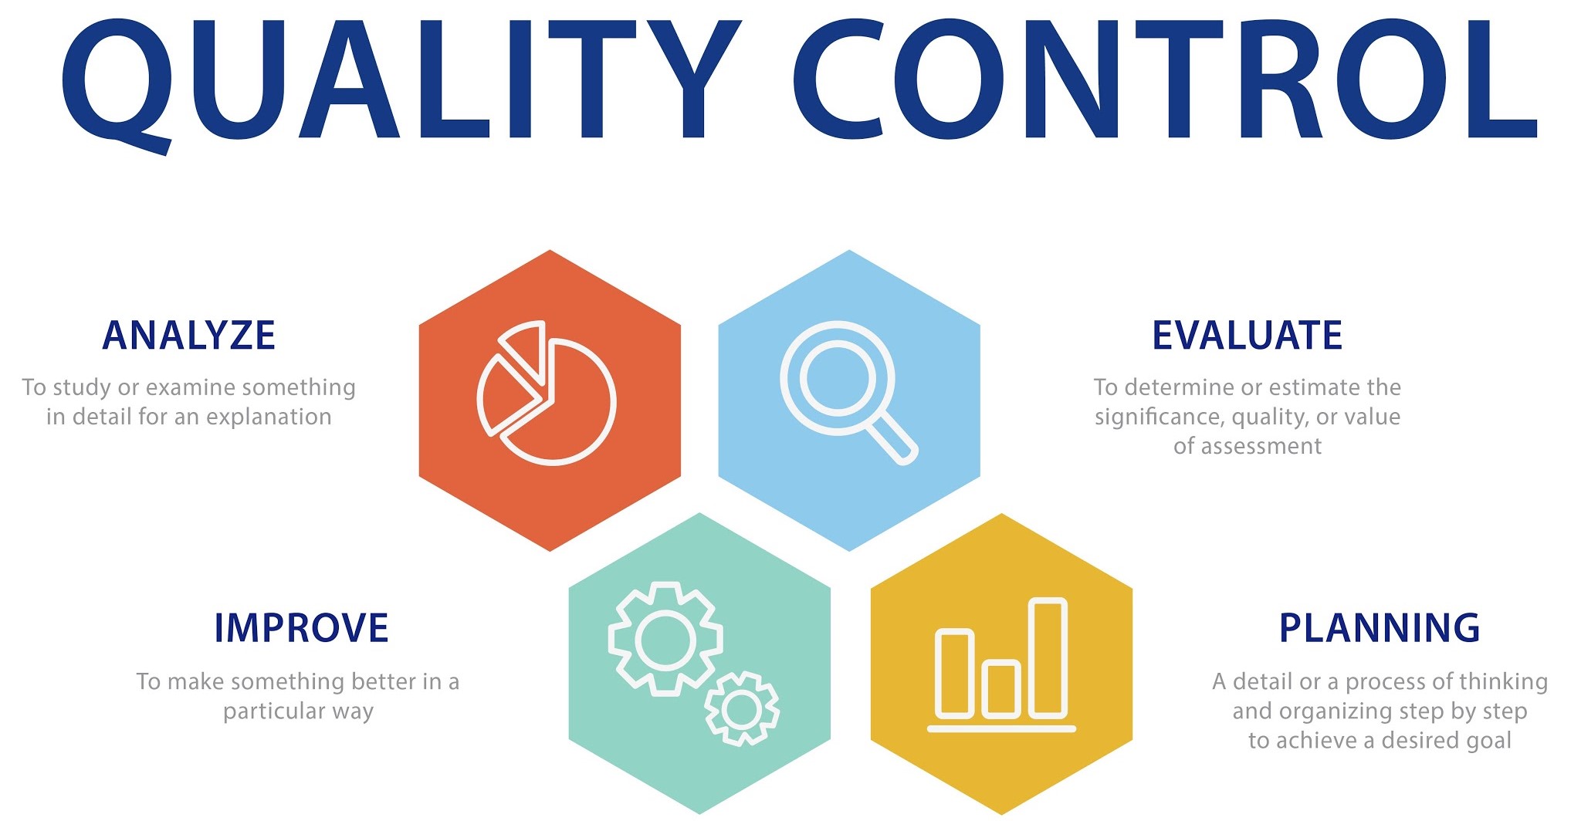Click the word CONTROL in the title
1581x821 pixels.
click(1166, 79)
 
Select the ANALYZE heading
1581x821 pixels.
click(189, 336)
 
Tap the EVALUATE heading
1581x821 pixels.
click(1248, 336)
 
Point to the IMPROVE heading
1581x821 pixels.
click(301, 628)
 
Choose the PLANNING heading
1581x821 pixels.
click(1380, 628)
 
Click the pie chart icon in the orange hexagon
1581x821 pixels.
click(547, 393)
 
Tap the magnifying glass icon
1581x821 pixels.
click(848, 392)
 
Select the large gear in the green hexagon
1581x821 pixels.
click(665, 639)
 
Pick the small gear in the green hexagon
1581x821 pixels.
click(742, 708)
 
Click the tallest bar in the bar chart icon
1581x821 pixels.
click(1048, 658)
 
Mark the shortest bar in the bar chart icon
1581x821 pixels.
click(1001, 689)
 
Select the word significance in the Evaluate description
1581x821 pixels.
click(1160, 417)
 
